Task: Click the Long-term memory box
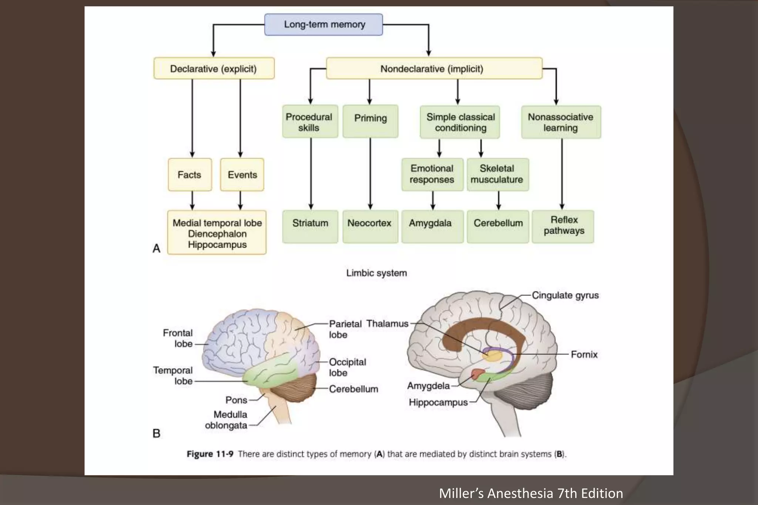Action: tap(323, 24)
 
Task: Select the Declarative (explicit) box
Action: tap(214, 68)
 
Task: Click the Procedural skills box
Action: tap(310, 122)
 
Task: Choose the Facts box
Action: tap(189, 174)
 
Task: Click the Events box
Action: tap(242, 174)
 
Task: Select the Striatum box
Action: tap(310, 226)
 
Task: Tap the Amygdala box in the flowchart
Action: tap(432, 226)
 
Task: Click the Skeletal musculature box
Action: tap(497, 174)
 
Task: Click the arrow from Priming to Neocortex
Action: tap(370, 174)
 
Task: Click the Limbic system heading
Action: tap(376, 273)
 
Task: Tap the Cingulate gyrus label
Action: tap(565, 295)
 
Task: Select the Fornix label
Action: tap(584, 355)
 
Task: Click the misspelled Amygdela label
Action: tap(428, 386)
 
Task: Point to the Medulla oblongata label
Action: tap(226, 420)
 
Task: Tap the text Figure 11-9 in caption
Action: tap(210, 454)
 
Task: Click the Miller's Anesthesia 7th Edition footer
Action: tap(531, 493)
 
